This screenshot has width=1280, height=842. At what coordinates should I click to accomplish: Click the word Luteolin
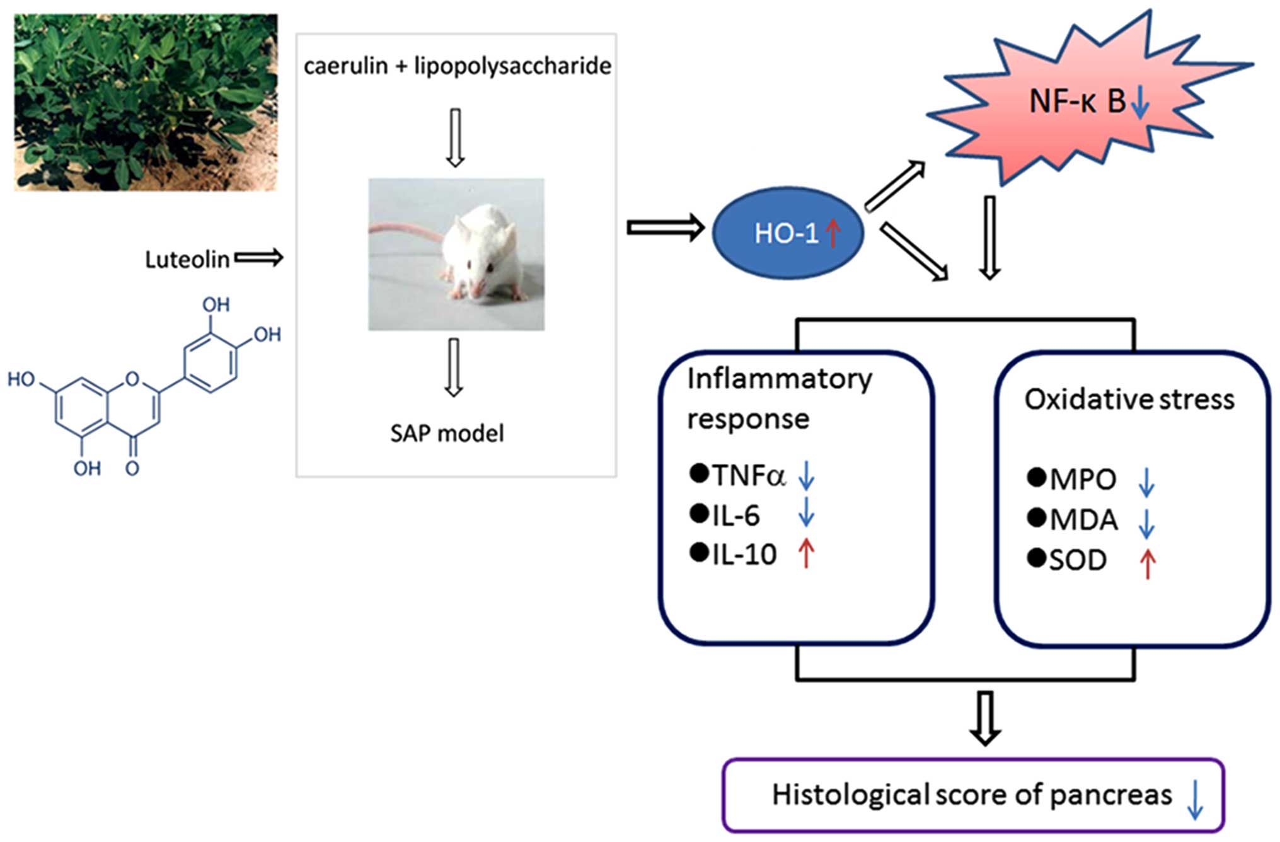pos(187,260)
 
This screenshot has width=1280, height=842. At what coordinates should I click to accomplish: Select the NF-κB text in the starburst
pos(1077,101)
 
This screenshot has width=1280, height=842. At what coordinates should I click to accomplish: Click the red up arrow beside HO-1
pos(833,233)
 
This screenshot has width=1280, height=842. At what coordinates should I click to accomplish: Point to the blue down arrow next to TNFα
pos(806,475)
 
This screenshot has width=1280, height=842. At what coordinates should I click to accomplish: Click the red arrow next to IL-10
pos(806,554)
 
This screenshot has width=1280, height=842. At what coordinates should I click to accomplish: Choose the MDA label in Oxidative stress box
pos(1083,520)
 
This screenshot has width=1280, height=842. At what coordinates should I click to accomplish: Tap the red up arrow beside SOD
pos(1147,563)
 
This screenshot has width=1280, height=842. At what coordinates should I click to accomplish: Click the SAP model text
pos(447,434)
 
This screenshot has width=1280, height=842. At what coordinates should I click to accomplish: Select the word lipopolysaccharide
pos(512,66)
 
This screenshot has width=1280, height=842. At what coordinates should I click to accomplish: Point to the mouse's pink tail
pos(403,231)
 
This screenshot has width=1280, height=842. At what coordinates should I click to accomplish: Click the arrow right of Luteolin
pos(258,257)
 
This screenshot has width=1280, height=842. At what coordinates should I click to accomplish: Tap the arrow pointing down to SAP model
pos(453,367)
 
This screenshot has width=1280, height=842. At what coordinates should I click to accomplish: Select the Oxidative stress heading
pos(1129,400)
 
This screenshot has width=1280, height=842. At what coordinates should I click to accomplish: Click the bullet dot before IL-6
pos(699,514)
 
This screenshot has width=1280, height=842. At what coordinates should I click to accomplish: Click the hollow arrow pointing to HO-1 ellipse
pos(665,228)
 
